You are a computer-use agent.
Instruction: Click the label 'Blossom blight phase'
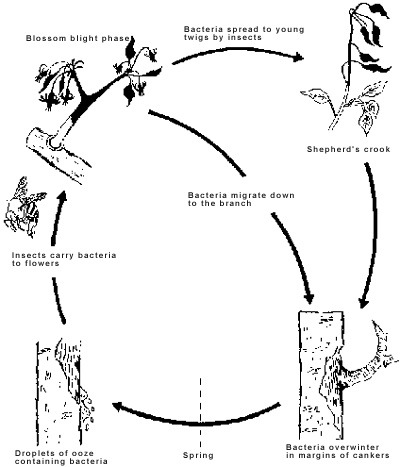tap(77, 38)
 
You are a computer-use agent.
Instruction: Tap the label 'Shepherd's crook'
tap(348, 149)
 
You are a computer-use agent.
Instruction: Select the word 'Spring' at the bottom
tap(198, 455)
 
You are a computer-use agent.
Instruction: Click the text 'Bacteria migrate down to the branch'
tap(241, 199)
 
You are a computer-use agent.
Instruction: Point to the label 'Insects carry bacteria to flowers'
tap(64, 259)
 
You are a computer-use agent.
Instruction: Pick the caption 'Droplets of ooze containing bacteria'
tap(61, 457)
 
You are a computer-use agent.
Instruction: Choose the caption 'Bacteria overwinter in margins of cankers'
tap(338, 451)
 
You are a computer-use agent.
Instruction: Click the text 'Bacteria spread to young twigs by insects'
tap(244, 33)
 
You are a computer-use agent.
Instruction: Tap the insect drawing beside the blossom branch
tap(23, 207)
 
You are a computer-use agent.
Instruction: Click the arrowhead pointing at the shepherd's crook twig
tap(298, 57)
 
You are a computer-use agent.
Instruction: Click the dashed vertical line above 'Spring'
tap(200, 412)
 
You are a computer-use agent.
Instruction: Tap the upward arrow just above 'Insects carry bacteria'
tap(57, 217)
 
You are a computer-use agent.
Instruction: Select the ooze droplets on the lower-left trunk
tap(88, 411)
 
